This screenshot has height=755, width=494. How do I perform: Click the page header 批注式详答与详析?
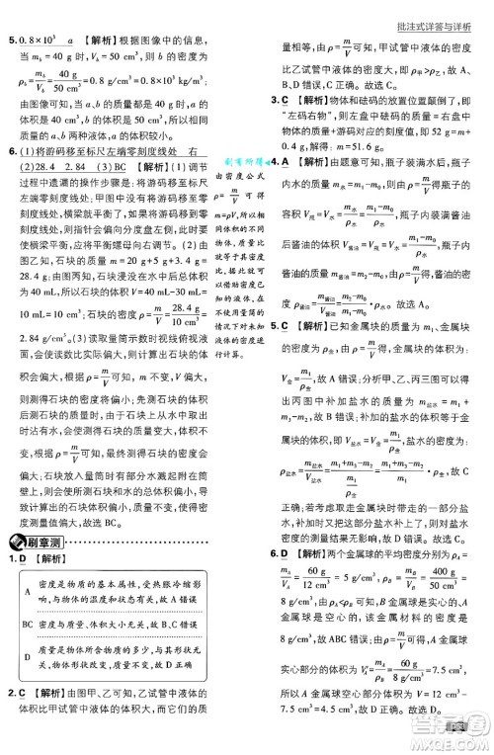430,12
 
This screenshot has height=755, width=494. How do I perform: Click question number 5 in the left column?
11,40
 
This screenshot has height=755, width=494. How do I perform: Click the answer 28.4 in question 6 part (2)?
60,168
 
